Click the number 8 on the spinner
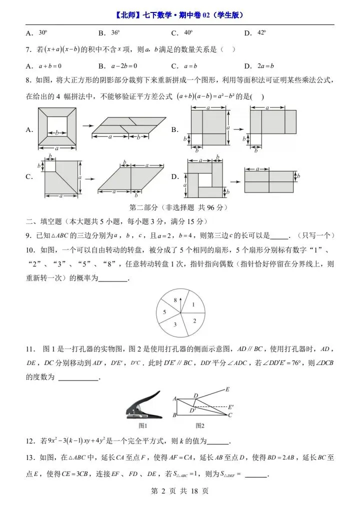click(175, 300)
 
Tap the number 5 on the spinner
click(164, 312)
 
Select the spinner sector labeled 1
click(192, 304)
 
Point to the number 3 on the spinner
click(174, 324)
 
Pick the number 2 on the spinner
click(194, 320)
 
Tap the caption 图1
click(142, 425)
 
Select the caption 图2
click(199, 425)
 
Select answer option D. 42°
click(255, 33)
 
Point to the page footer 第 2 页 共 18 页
click(179, 491)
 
